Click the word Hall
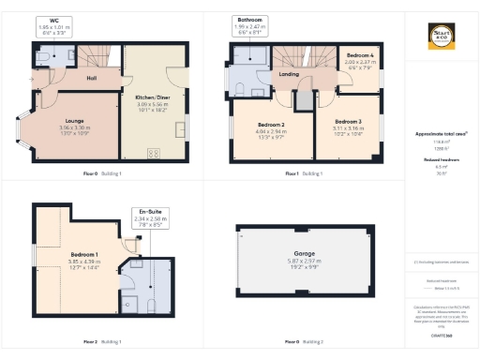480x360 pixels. (92, 78)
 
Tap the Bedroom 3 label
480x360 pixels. (347, 121)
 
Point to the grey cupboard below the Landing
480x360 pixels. (303, 97)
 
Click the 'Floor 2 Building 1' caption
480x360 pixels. (101, 340)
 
